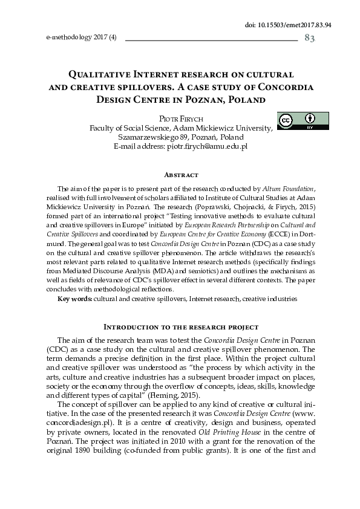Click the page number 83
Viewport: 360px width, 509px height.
tap(310, 38)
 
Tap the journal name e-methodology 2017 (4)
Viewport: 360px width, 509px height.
tap(81, 37)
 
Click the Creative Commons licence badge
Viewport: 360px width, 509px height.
tap(303, 121)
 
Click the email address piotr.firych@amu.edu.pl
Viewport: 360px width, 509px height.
tap(207, 146)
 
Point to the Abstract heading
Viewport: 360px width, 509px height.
tap(181, 175)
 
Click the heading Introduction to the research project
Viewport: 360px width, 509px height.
tap(182, 327)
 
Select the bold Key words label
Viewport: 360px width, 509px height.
tap(74, 299)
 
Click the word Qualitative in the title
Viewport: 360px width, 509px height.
tap(105, 74)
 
